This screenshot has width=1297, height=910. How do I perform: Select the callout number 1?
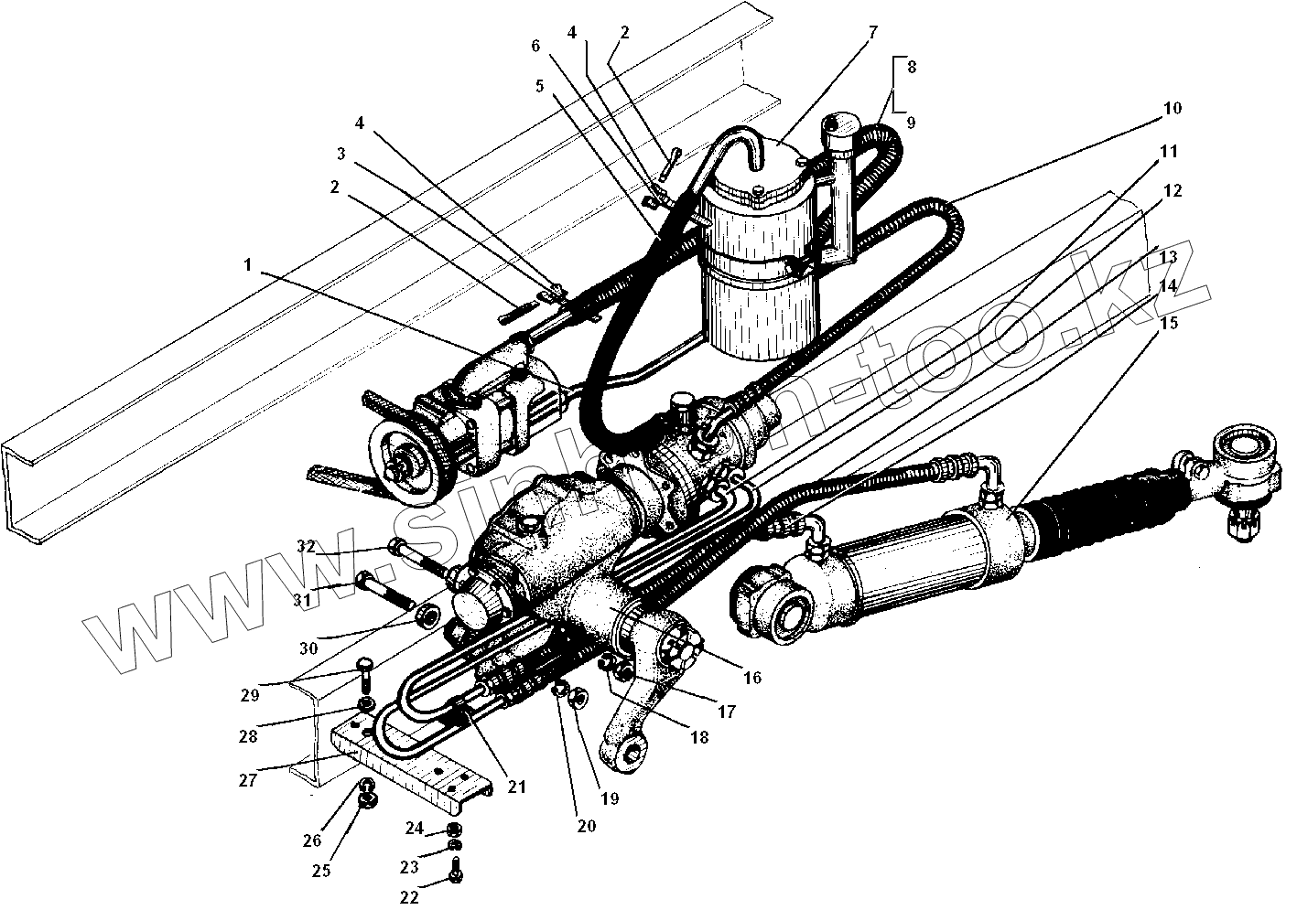pos(247,264)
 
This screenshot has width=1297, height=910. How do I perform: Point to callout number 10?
pos(1172,108)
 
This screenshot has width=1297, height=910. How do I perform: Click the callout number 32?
pos(306,547)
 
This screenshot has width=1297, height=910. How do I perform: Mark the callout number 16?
pos(752,678)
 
